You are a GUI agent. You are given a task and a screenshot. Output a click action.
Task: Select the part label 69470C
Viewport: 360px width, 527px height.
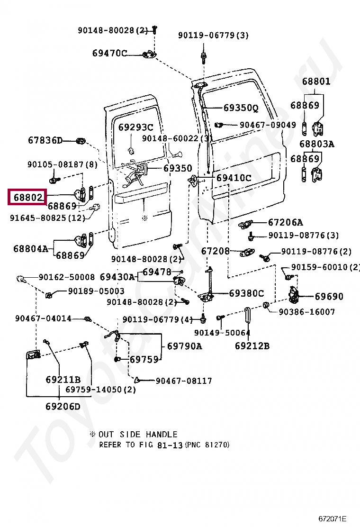click(x=109, y=53)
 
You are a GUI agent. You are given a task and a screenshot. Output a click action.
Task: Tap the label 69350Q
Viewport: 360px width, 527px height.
click(x=241, y=108)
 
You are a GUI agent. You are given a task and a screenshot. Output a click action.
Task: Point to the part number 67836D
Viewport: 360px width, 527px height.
click(x=45, y=140)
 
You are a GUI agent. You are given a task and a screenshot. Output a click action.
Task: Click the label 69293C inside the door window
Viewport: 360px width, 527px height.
click(x=135, y=127)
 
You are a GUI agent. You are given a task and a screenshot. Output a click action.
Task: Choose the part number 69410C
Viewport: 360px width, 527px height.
click(x=234, y=178)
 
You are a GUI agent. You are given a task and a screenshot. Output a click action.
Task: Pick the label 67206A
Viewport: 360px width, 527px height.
click(x=285, y=222)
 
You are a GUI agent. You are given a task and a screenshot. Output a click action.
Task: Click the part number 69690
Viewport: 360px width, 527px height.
click(x=329, y=297)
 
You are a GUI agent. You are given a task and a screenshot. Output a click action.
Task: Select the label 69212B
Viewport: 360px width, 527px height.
click(x=252, y=345)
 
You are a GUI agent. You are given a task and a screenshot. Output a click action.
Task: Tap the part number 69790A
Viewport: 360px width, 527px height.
click(x=184, y=346)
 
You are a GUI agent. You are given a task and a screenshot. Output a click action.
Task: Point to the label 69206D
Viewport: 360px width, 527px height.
click(x=63, y=406)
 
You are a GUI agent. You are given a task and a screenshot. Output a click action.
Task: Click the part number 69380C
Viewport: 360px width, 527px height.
click(x=246, y=293)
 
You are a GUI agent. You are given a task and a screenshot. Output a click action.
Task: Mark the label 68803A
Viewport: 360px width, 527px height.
click(x=316, y=144)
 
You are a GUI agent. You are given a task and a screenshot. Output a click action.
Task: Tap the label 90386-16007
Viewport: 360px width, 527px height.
click(x=306, y=312)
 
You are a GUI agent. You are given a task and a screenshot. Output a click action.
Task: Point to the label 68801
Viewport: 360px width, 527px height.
click(x=316, y=81)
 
